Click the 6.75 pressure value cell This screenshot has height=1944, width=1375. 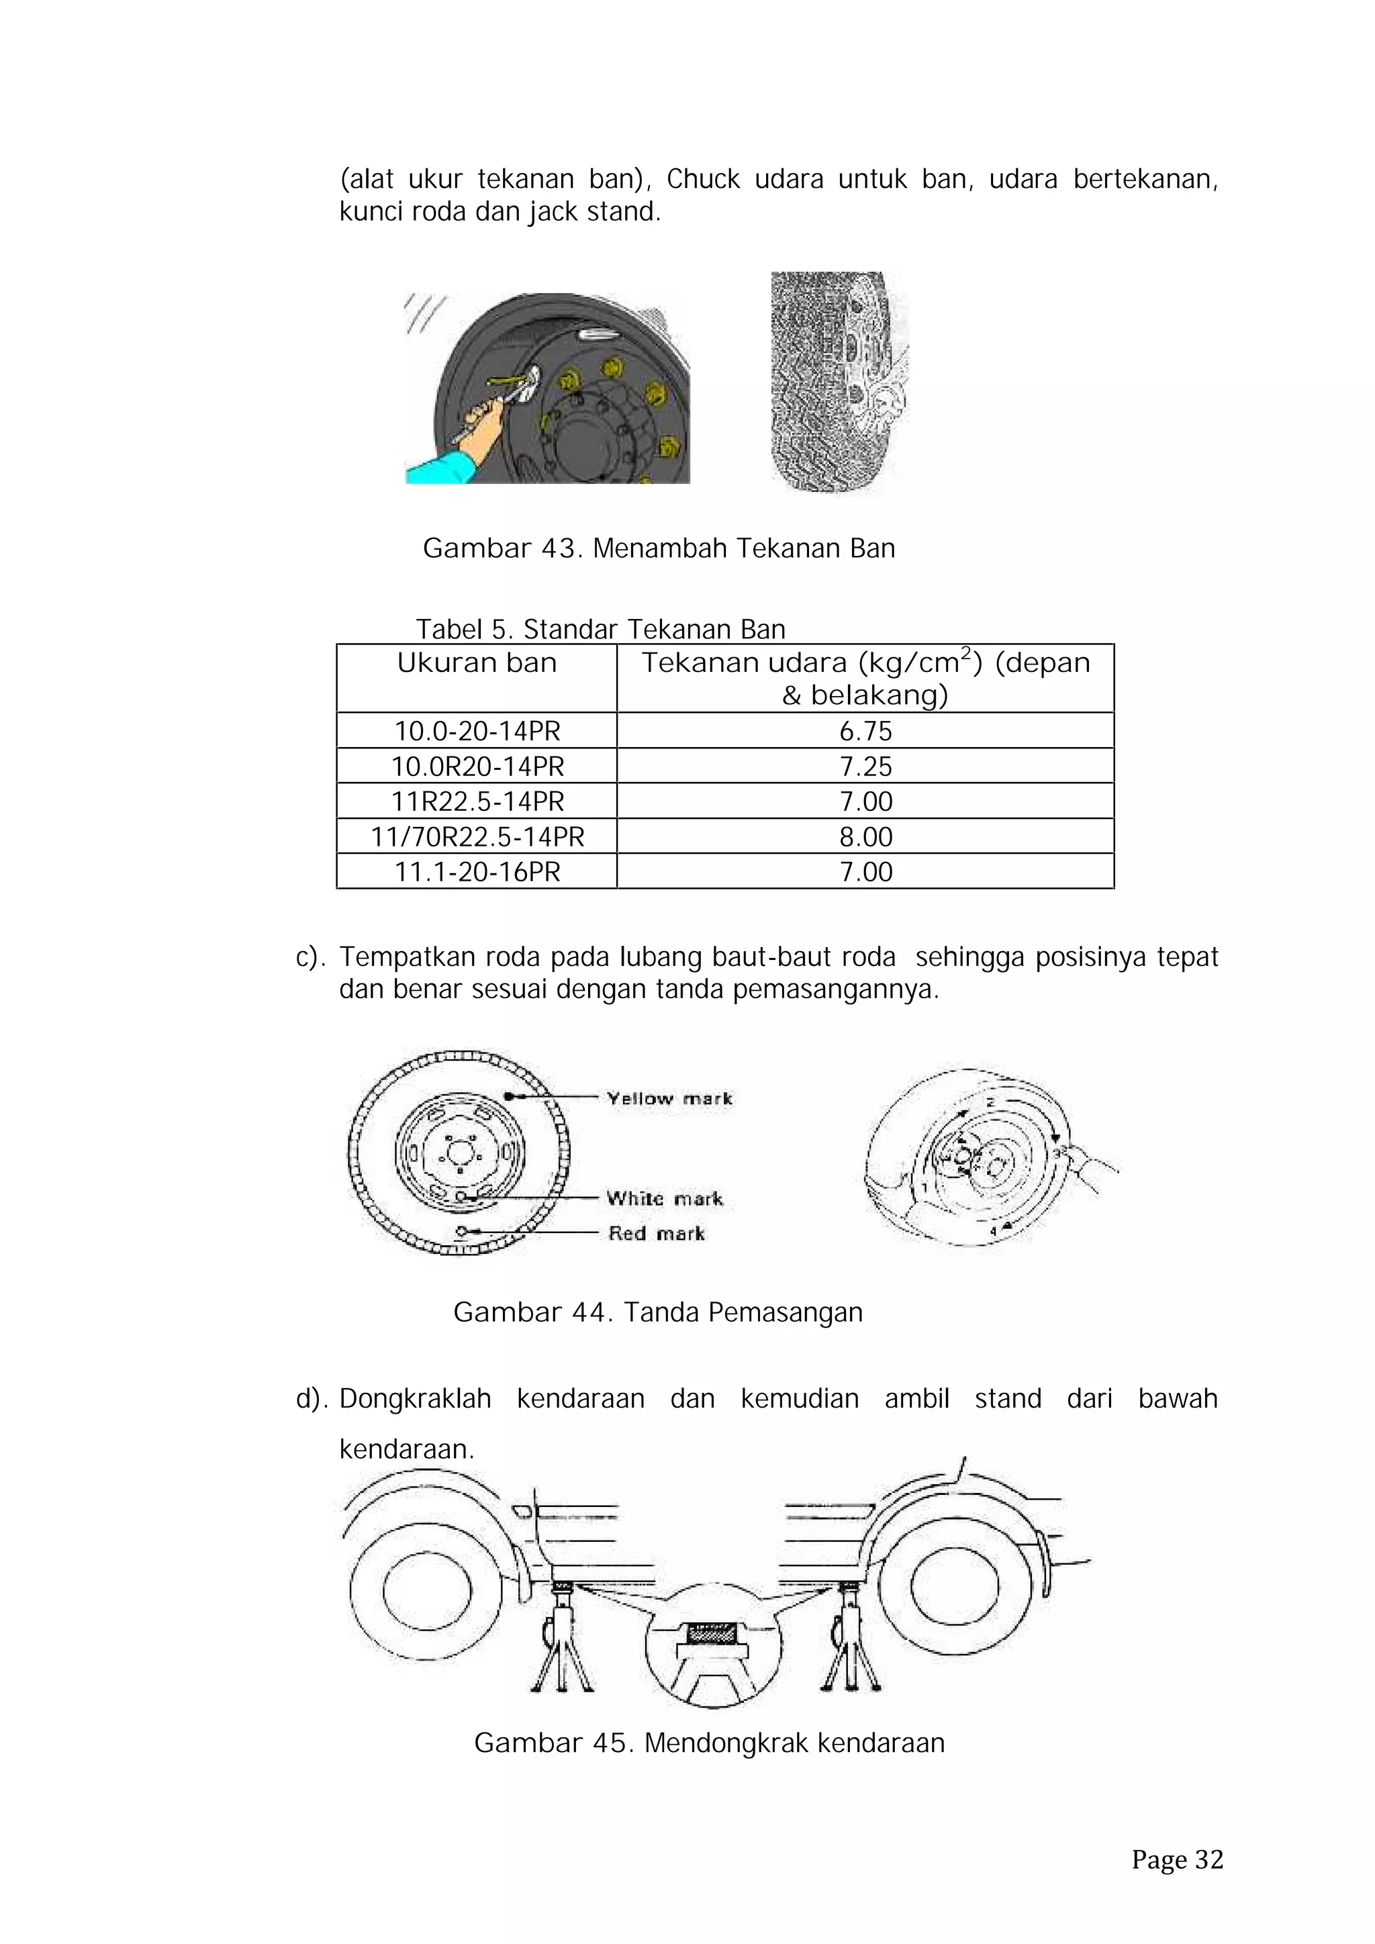click(x=865, y=731)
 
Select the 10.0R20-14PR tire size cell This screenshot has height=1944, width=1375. click(x=477, y=766)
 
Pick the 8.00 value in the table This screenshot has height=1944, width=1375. click(x=865, y=836)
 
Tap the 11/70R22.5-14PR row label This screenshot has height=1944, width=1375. click(x=477, y=836)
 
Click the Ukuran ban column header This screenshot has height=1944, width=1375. click(x=477, y=663)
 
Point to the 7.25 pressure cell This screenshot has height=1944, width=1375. click(x=865, y=766)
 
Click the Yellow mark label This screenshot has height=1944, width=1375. click(x=669, y=1098)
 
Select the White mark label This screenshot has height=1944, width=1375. click(x=665, y=1198)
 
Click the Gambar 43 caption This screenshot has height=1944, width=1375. click(x=659, y=548)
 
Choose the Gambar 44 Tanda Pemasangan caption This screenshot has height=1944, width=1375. click(x=658, y=1312)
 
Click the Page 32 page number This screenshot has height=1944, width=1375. click(x=1177, y=1860)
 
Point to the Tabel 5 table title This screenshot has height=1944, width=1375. click(x=600, y=629)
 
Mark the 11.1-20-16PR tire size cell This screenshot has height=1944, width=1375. click(x=477, y=871)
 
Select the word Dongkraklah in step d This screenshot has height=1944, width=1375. click(x=415, y=1399)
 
